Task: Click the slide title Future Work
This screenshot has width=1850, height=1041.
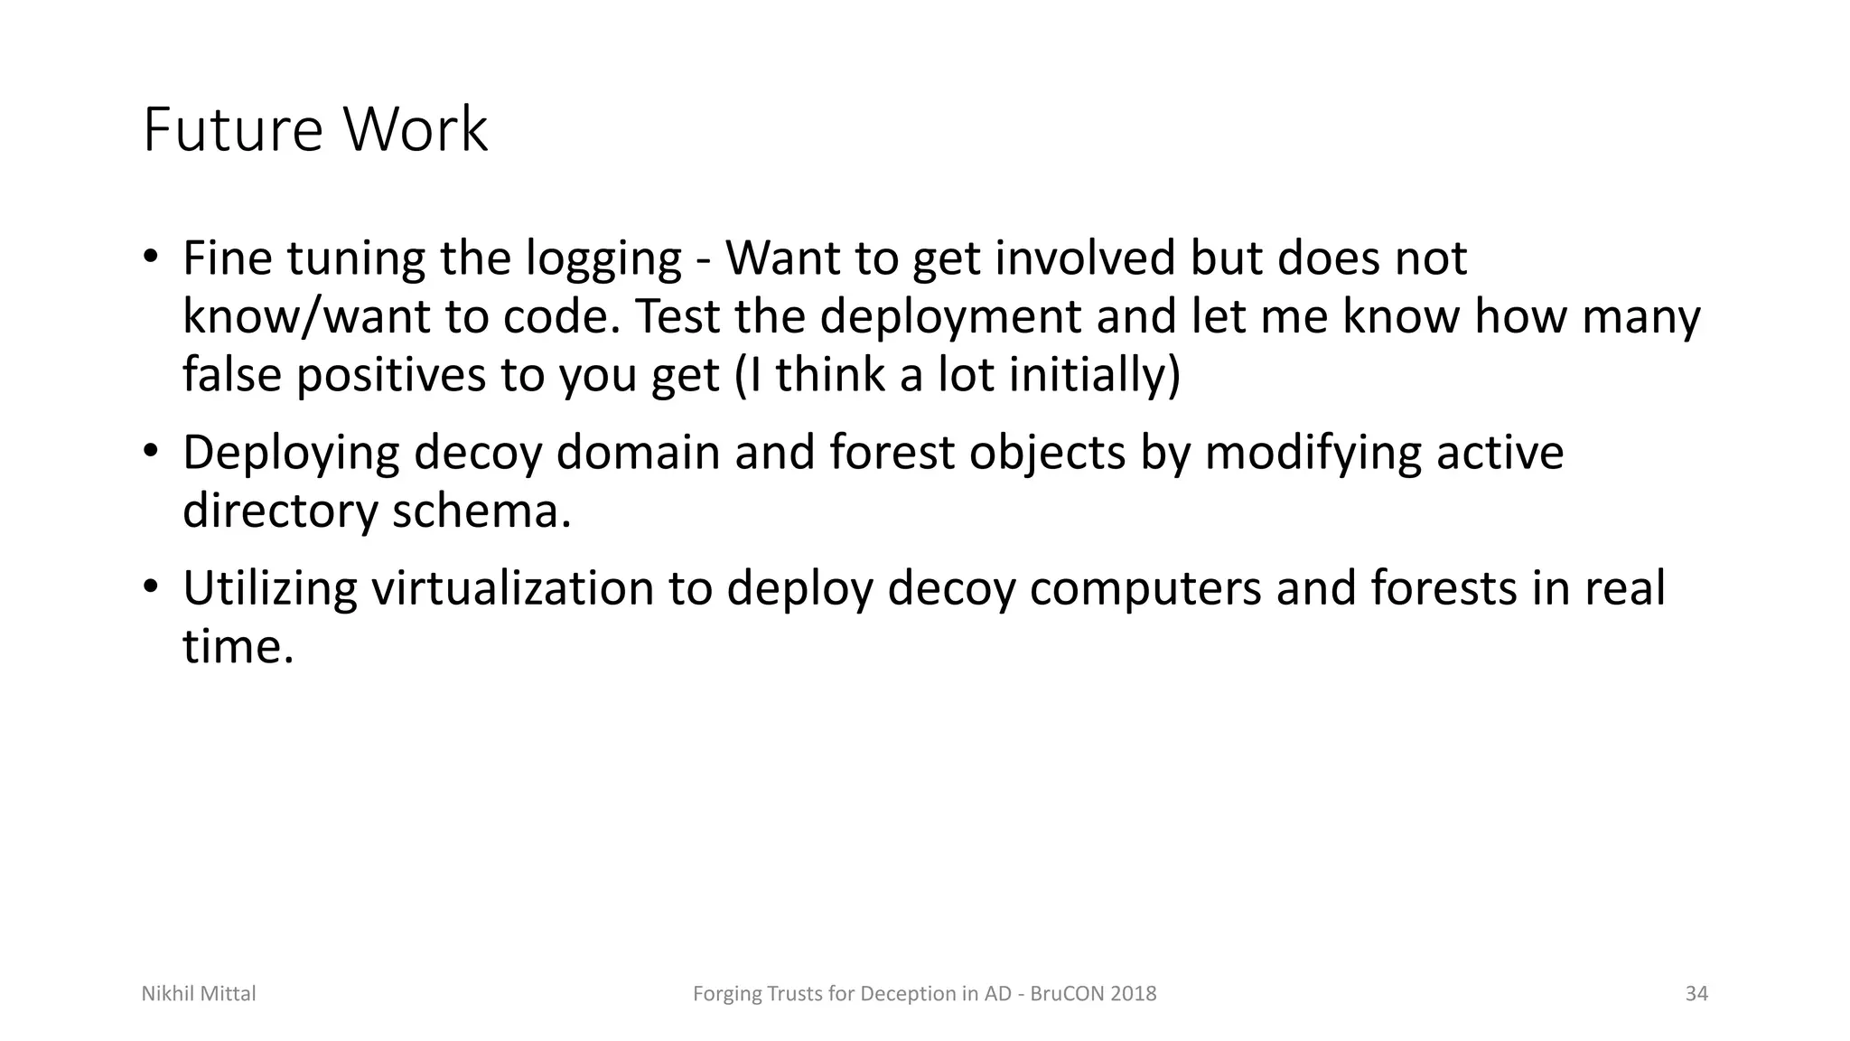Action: (x=315, y=130)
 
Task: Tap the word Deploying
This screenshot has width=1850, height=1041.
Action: (x=290, y=454)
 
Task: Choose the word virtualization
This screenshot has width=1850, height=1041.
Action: (x=512, y=588)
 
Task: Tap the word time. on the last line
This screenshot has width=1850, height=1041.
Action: (x=238, y=647)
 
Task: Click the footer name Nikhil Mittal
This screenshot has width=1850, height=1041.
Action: (x=199, y=994)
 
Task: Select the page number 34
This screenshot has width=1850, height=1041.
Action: (x=1696, y=994)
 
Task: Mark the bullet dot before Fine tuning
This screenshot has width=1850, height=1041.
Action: (x=150, y=258)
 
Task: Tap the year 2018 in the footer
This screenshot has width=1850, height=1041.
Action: (x=1134, y=994)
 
